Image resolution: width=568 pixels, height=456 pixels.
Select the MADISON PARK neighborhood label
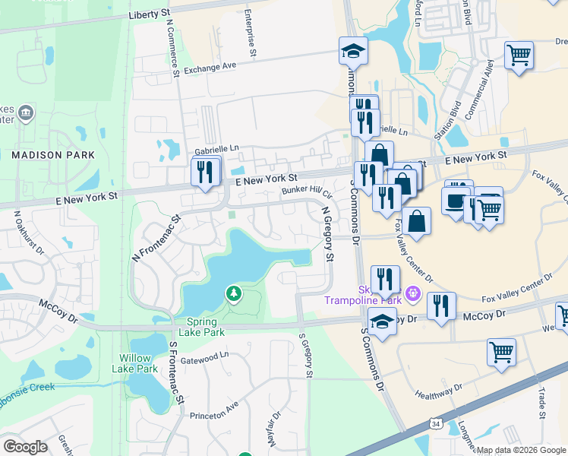53,155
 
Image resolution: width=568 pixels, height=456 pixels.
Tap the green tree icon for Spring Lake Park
234,293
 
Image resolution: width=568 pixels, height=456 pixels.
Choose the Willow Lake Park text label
138,363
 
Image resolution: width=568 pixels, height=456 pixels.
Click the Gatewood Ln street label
204,355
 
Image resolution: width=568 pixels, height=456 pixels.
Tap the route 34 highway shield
434,423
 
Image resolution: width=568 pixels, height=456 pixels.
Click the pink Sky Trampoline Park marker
412,292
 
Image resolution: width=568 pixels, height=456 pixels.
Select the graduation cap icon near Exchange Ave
353,52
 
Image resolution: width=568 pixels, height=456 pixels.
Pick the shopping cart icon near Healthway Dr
501,353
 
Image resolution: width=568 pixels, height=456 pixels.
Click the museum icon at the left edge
26,113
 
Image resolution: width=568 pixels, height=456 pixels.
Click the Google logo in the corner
25,446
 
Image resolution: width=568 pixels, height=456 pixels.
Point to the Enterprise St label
249,34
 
